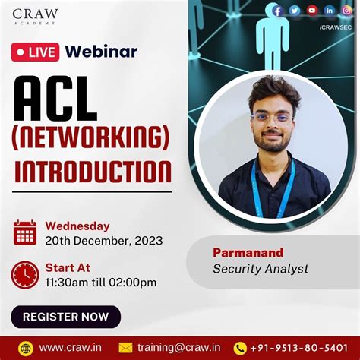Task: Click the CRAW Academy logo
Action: tap(35, 17)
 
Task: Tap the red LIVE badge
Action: tap(36, 52)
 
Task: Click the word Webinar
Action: tap(101, 52)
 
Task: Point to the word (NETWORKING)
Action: tap(90, 137)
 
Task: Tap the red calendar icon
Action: tap(25, 232)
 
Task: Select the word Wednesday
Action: tap(77, 226)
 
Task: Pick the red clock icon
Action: tap(25, 274)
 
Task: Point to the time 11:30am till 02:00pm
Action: tap(101, 283)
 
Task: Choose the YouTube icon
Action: tap(311, 11)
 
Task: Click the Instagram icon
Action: tap(346, 11)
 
